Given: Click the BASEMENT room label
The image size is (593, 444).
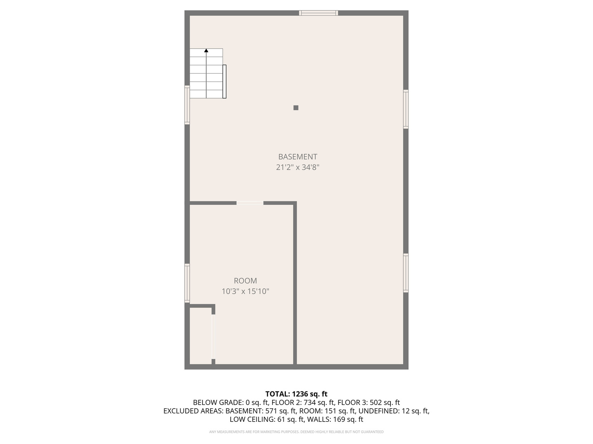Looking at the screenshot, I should pyautogui.click(x=297, y=157).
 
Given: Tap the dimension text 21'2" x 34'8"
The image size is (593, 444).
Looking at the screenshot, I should pyautogui.click(x=297, y=167).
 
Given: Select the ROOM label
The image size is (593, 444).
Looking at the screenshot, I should pyautogui.click(x=245, y=281).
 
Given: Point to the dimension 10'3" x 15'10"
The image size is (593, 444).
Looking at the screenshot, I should pyautogui.click(x=245, y=291).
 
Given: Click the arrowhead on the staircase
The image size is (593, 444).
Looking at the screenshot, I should pyautogui.click(x=206, y=51).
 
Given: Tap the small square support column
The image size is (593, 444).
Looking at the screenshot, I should pyautogui.click(x=296, y=108).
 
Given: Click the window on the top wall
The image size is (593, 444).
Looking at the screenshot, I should pyautogui.click(x=318, y=13).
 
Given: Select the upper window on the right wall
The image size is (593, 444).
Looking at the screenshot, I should pyautogui.click(x=406, y=109).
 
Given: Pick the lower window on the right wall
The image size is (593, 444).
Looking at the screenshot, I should pyautogui.click(x=406, y=273).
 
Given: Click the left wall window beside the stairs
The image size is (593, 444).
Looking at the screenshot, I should pyautogui.click(x=187, y=104).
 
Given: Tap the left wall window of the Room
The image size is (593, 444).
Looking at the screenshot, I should pyautogui.click(x=187, y=283).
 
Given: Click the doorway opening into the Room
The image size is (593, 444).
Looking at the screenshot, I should pyautogui.click(x=250, y=203).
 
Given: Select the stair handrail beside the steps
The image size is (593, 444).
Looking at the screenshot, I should pyautogui.click(x=224, y=81).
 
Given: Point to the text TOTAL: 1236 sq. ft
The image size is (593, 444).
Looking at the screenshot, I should pyautogui.click(x=296, y=394).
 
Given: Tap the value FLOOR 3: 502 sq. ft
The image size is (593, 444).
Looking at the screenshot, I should pyautogui.click(x=369, y=402).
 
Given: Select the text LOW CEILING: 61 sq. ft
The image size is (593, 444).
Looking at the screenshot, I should pyautogui.click(x=267, y=419).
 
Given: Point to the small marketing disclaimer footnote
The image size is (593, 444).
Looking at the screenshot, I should pyautogui.click(x=296, y=432).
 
